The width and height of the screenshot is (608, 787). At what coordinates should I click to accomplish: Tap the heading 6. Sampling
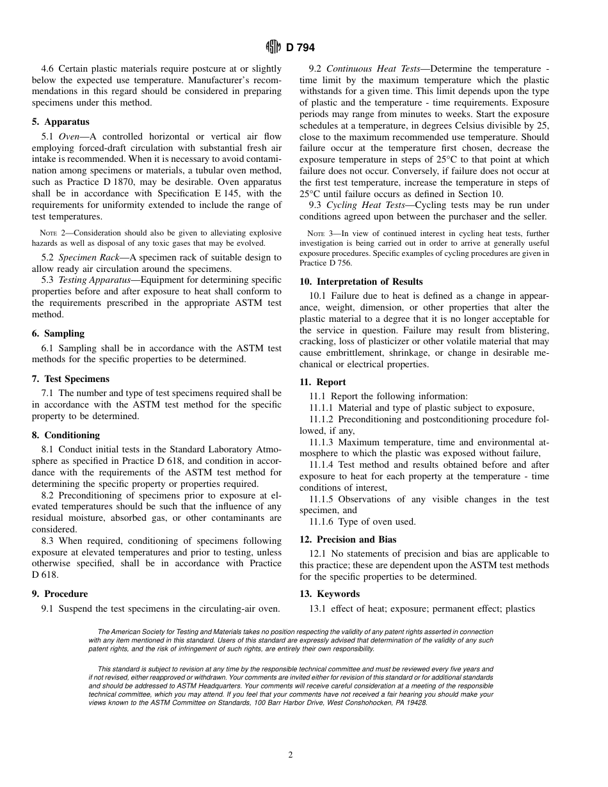coord(58,333)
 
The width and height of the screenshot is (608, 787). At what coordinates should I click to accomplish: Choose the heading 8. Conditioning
coord(66,435)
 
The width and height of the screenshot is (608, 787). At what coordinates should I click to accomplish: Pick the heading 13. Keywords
coord(330,594)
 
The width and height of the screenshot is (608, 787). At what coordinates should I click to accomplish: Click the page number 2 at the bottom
coord(291,755)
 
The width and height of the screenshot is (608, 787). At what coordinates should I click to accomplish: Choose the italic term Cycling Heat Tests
coord(365,205)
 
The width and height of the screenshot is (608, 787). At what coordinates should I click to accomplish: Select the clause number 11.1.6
coord(324,521)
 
